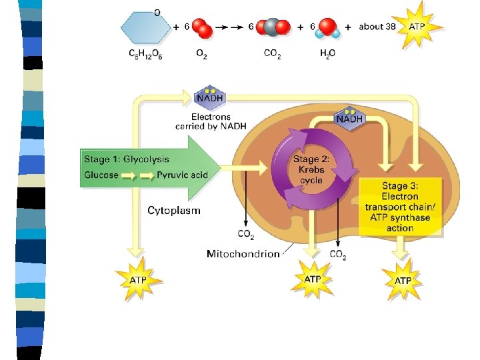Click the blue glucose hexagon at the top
click(145, 27)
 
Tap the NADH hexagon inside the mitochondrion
click(350, 119)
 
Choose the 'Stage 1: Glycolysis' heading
click(126, 159)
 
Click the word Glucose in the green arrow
click(101, 175)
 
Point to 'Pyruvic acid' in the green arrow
click(183, 175)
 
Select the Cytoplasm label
click(173, 211)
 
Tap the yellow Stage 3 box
click(400, 207)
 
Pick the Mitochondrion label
click(243, 253)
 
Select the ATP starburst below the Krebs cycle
click(312, 279)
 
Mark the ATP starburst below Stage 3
click(403, 280)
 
